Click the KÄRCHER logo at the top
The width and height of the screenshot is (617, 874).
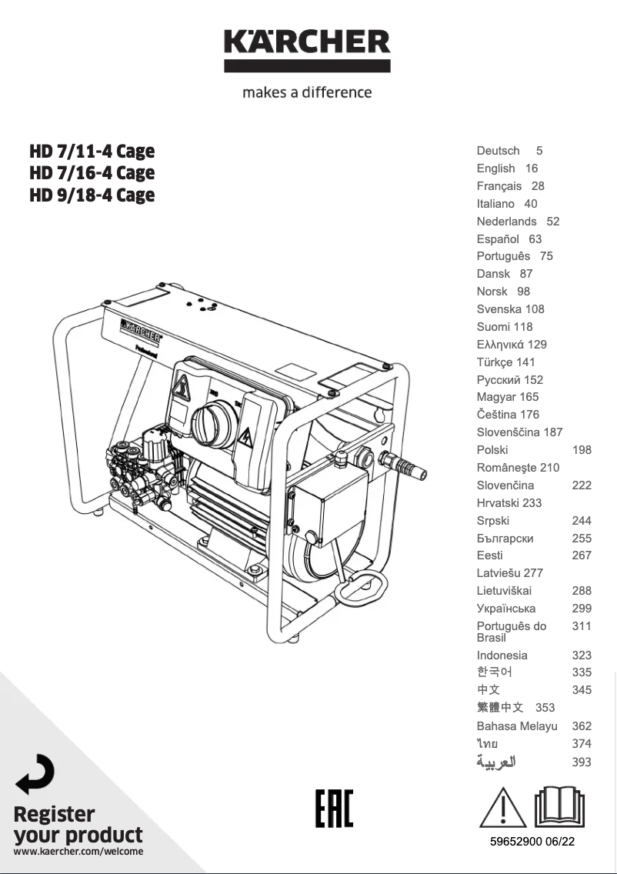tap(307, 50)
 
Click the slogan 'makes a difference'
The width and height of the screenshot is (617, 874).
tap(307, 92)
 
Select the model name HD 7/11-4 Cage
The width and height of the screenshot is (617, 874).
tap(92, 151)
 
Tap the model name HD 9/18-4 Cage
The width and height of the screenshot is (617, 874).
tap(92, 195)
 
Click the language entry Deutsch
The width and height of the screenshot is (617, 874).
tap(498, 151)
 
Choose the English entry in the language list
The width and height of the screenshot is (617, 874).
tap(496, 168)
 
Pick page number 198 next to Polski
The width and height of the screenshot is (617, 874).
tap(582, 450)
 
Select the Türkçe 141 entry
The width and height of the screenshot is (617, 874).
tap(505, 362)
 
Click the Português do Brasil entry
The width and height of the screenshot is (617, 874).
tap(512, 632)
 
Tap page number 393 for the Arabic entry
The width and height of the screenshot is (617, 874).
tap(582, 762)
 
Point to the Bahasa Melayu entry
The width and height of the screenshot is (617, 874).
tap(517, 726)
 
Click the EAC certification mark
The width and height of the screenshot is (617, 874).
tap(334, 809)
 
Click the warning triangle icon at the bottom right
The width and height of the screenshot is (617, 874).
tap(503, 807)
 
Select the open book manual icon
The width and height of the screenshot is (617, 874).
tap(559, 806)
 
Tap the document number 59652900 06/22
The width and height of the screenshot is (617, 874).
tap(532, 842)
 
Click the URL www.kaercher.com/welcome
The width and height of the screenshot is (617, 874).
tap(78, 852)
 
